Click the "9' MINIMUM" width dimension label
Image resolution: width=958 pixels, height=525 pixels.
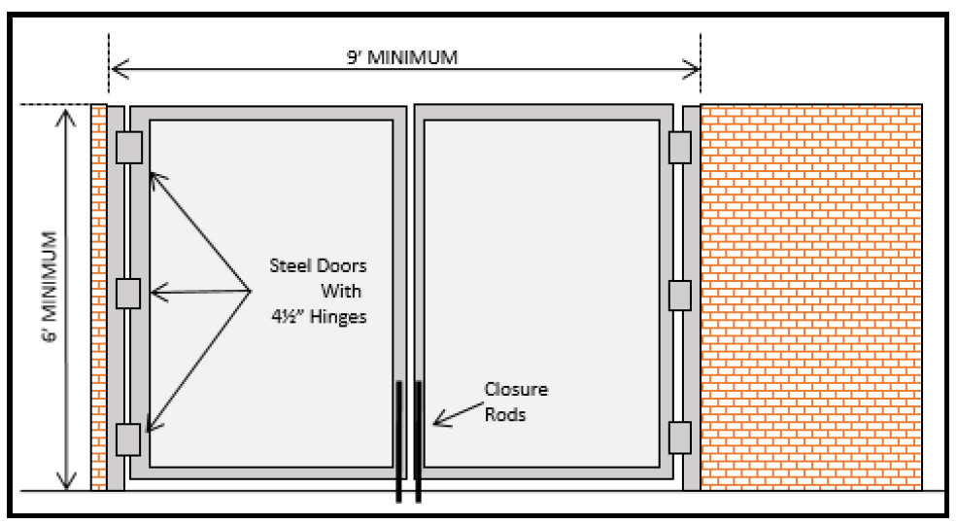click(x=403, y=57)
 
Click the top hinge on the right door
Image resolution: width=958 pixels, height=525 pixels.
click(x=679, y=148)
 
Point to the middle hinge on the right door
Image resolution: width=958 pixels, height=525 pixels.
click(x=679, y=294)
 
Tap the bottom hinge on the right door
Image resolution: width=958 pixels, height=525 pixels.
click(x=679, y=437)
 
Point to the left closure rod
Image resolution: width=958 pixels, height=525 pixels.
click(x=398, y=442)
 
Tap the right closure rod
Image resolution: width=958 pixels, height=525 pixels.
click(x=419, y=442)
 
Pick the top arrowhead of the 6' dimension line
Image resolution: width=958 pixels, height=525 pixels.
click(x=67, y=115)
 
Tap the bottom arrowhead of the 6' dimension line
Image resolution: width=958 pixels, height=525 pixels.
click(x=67, y=480)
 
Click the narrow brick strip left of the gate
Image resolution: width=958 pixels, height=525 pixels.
click(x=98, y=297)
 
